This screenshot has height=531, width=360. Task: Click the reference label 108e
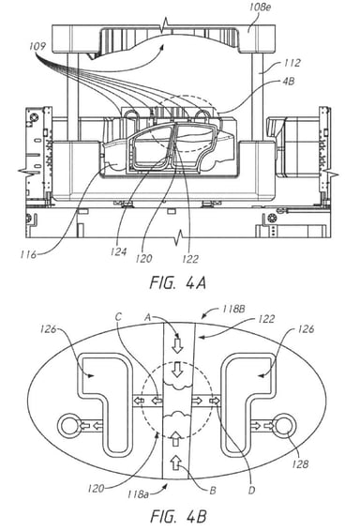pos(260,8)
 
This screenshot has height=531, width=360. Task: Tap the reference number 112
pos(292,63)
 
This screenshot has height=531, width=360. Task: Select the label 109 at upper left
pos(37,46)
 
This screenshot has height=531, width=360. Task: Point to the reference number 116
pos(28,254)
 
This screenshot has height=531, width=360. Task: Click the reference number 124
pos(118,251)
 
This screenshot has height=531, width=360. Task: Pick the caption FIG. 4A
pos(178,282)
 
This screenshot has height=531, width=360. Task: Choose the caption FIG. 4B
pos(178,517)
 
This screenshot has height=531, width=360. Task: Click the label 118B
pos(233,310)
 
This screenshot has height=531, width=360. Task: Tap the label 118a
pos(138,494)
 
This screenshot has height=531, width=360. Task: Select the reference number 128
pos(300,463)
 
